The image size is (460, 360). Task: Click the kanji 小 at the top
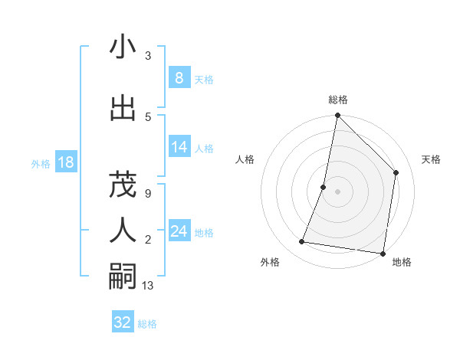pos(123,47)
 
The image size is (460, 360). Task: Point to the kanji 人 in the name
pos(123,229)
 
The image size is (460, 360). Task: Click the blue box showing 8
pos(179,78)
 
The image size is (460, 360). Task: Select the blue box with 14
pos(179,147)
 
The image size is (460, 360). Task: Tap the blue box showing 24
pos(179,231)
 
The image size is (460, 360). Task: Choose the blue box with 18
pos(65,162)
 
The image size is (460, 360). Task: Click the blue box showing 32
pos(123,322)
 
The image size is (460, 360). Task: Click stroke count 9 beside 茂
pos(147,193)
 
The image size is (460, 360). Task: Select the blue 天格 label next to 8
pos(204,79)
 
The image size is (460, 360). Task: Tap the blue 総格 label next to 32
pos(147,324)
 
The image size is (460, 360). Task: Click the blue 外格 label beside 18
pos(40,163)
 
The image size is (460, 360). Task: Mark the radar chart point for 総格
pos(337,116)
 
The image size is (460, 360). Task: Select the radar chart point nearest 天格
pos(396,172)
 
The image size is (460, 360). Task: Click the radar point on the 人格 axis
pos(324,187)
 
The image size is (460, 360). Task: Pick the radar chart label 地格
pos(402,262)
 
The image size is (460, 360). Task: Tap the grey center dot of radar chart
pos(337,191)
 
